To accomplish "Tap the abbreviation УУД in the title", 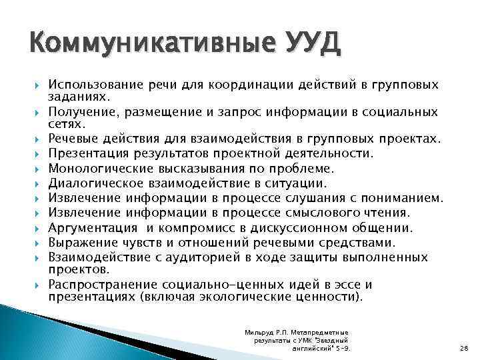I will coord(311,46).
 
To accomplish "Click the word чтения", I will coord(387,213).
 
